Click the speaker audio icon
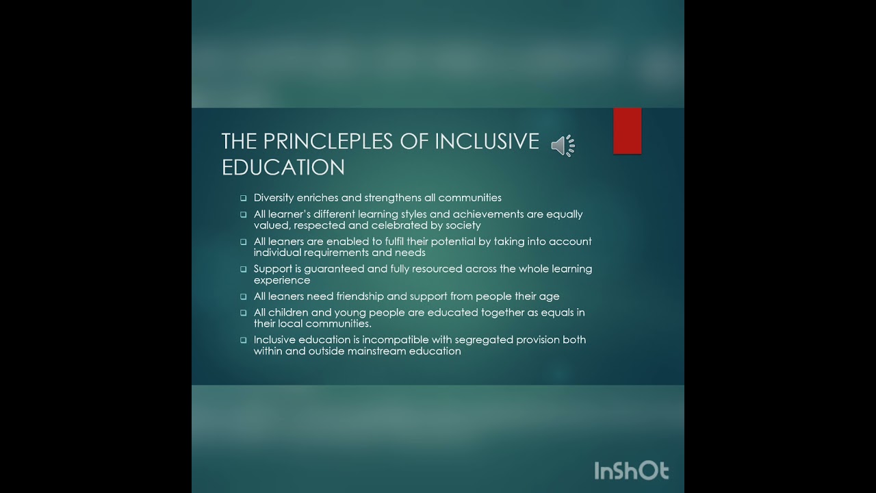563,146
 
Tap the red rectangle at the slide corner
627,131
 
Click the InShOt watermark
630,470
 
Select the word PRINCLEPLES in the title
337,141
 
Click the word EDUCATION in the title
283,167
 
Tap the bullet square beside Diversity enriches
243,199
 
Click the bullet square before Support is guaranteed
243,270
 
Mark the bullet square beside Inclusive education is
243,340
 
